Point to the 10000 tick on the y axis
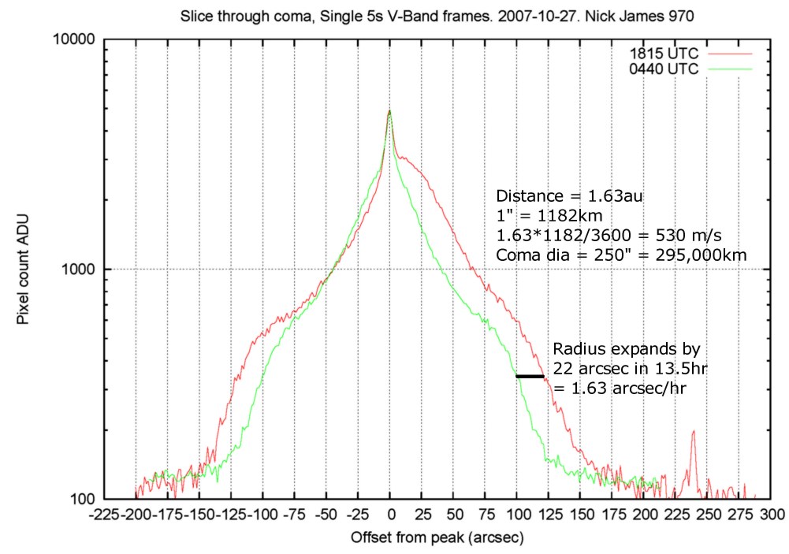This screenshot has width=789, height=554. pyautogui.click(x=73, y=39)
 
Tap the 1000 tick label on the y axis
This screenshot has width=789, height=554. pyautogui.click(x=76, y=269)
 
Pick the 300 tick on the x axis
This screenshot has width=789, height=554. pyautogui.click(x=772, y=514)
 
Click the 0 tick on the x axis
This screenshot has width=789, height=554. pyautogui.click(x=390, y=514)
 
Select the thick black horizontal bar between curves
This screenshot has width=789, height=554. pyautogui.click(x=530, y=376)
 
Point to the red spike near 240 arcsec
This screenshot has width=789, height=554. pyautogui.click(x=693, y=433)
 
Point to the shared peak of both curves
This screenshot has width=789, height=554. pyautogui.click(x=390, y=111)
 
